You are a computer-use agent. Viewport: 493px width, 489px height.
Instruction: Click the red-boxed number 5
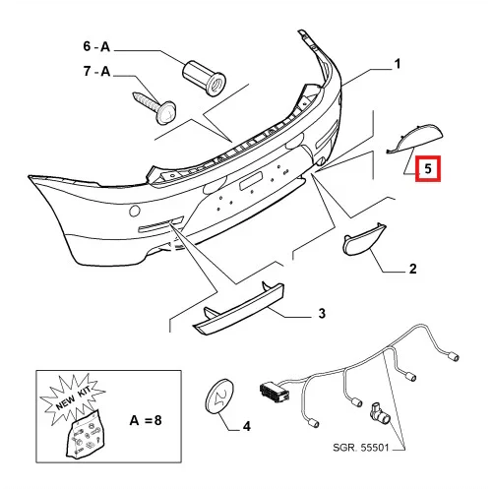[428, 168]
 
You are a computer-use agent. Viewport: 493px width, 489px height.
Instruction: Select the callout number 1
[398, 64]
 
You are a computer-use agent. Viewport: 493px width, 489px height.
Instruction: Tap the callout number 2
[413, 269]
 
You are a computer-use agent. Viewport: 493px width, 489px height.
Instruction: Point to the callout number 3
[322, 313]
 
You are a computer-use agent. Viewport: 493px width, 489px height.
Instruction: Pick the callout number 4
[247, 426]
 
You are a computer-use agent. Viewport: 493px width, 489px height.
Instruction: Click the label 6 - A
[96, 46]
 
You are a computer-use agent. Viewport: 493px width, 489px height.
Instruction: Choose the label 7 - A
[96, 71]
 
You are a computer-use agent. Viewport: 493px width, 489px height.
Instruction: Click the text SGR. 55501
[360, 448]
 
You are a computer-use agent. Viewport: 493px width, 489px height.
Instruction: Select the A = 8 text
[146, 420]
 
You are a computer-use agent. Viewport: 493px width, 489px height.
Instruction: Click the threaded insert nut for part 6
[204, 78]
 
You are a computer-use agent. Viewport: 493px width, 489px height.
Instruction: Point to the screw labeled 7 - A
[154, 107]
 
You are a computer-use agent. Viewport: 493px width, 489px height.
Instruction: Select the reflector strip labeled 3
[239, 308]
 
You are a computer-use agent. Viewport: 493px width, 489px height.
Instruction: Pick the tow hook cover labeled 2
[364, 239]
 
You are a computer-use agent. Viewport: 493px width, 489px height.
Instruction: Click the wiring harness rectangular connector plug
[275, 392]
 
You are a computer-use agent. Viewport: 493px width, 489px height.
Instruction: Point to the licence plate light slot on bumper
[251, 181]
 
